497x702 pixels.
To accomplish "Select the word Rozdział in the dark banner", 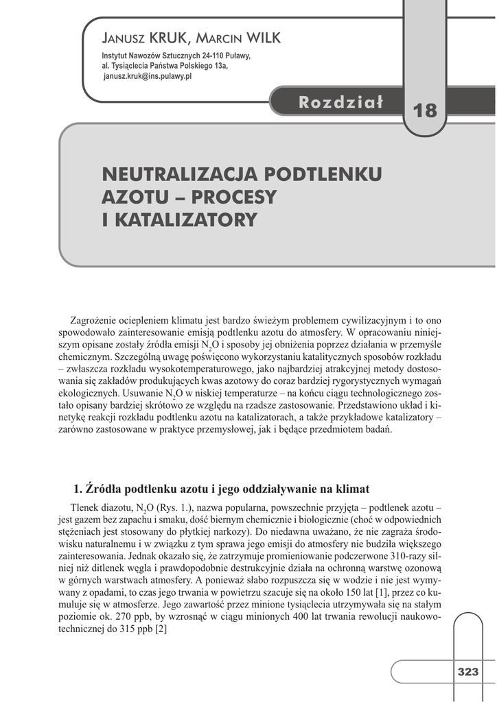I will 340,103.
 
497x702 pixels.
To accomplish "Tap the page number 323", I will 468,672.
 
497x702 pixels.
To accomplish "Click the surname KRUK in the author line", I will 164,38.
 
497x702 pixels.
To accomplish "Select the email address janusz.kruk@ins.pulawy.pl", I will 147,77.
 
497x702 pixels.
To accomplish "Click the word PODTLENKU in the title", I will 322,173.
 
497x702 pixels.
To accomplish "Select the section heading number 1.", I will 76,489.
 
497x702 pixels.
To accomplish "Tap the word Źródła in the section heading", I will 100,489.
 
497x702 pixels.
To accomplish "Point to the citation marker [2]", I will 161,629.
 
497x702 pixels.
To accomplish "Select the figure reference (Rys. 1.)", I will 177,507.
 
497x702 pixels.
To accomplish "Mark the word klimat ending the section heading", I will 353,489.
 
